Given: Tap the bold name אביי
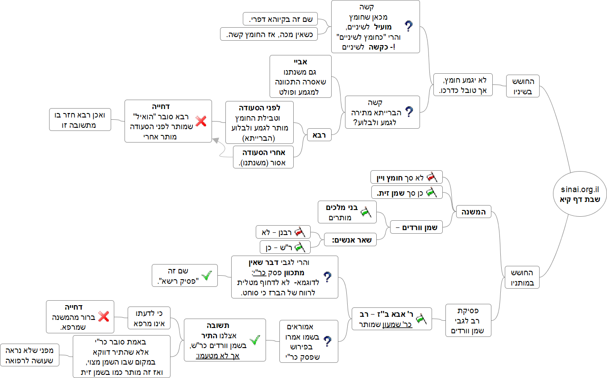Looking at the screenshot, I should point(300,62).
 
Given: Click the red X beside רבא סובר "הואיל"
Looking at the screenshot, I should point(201,121).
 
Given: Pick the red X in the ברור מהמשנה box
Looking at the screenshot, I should point(103,317).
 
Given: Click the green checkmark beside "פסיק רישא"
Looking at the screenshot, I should point(207,276).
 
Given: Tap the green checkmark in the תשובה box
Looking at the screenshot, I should point(254,340).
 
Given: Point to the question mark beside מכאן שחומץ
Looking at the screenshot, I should point(408,26).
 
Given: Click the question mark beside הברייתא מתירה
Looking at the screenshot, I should point(408,112).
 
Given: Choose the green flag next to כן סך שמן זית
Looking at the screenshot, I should point(431,193).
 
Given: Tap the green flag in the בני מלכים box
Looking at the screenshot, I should point(366,212).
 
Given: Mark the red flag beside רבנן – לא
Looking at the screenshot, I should point(299,232).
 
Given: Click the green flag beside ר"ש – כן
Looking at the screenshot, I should point(299,247).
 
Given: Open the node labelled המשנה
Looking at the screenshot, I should point(473,211).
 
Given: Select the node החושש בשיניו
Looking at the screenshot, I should point(523,85).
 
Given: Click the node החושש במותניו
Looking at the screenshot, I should point(523,277).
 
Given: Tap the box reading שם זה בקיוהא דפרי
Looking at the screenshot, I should point(280,19).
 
